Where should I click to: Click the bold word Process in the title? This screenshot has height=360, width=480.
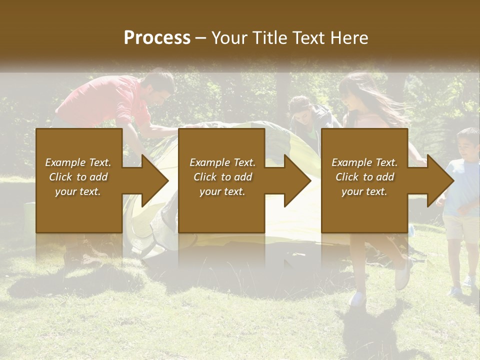[157, 38]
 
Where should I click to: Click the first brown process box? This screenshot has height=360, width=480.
[79, 180]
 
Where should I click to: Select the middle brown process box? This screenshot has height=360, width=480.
[221, 180]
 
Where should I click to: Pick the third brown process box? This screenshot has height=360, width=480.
[364, 180]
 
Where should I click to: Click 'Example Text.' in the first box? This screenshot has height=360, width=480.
[78, 162]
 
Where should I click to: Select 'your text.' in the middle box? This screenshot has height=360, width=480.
[222, 191]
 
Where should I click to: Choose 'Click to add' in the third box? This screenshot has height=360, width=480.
[364, 177]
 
